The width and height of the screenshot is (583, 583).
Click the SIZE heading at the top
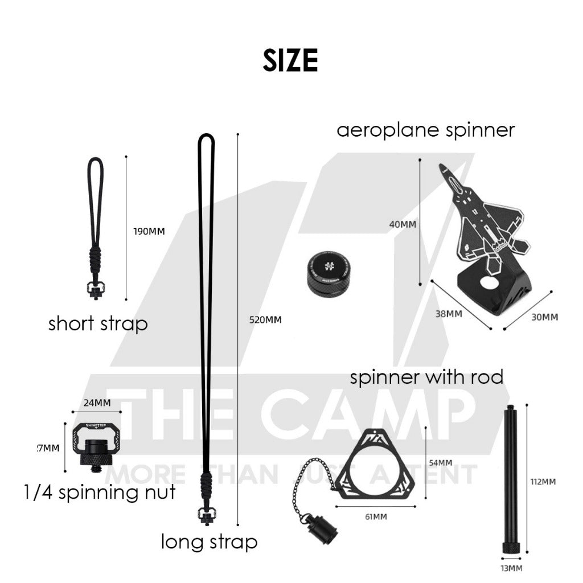point(290,60)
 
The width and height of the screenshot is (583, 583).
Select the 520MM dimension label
point(265,319)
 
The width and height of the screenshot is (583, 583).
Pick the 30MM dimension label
point(544,317)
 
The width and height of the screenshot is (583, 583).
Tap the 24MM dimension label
point(96,403)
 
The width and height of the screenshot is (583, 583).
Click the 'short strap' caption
point(98,324)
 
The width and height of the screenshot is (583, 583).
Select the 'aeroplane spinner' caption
point(425,130)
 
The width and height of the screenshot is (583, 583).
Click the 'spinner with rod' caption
point(426,377)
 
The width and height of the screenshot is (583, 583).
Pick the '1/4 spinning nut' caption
point(100,491)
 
